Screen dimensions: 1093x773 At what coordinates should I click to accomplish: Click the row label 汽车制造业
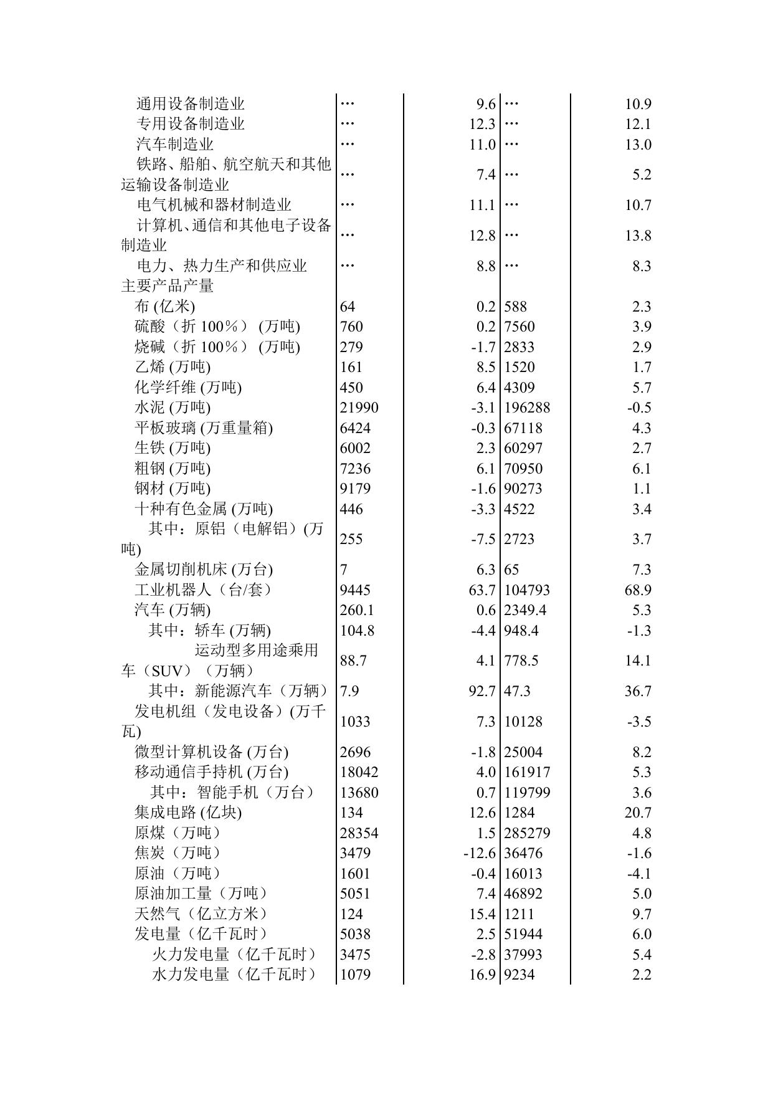pos(175,145)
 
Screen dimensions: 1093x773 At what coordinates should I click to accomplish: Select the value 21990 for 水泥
pos(359,408)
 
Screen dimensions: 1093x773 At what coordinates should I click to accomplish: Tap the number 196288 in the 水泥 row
pos(527,408)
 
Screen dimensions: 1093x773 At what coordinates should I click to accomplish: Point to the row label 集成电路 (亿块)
pos(188,813)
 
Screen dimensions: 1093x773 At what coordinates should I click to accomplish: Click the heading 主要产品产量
pos(168,286)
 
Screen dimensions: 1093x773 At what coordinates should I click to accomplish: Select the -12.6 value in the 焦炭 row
pos(479,853)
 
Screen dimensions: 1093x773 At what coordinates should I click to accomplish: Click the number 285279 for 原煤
pos(527,833)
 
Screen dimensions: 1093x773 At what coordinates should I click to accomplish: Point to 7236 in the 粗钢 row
pos(355,469)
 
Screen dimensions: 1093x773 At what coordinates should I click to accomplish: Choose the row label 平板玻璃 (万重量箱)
pos(204,428)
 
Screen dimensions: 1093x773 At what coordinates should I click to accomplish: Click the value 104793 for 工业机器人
pos(527,590)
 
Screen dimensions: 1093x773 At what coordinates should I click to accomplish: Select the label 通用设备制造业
pos(191,104)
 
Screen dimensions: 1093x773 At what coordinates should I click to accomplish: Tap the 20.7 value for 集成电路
pos(638,813)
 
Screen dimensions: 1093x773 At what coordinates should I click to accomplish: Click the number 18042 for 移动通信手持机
pos(359,772)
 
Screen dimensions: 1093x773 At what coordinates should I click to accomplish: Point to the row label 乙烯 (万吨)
pos(173,367)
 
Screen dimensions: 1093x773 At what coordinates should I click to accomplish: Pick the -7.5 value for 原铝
pos(483,539)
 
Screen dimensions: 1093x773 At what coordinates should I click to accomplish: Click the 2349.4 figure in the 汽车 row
pos(525,610)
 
